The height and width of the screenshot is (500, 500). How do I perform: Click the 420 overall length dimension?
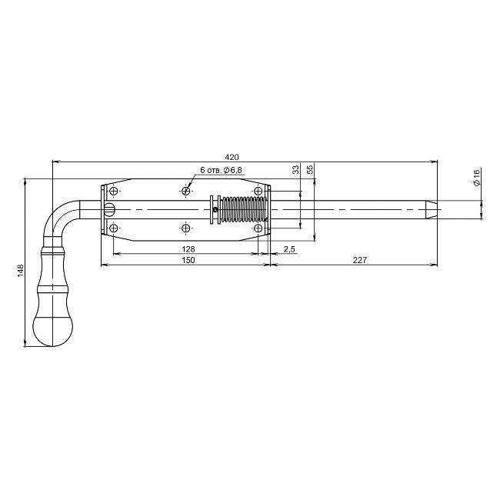(x=232, y=157)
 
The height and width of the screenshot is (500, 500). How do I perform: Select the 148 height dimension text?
(x=21, y=271)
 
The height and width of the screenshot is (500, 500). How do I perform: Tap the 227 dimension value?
(x=360, y=260)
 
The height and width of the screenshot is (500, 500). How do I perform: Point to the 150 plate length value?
(x=188, y=260)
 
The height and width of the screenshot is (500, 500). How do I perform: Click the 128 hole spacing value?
(x=188, y=249)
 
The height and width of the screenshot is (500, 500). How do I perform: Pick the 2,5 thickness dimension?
(x=289, y=249)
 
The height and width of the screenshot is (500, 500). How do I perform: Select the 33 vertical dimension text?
(x=296, y=169)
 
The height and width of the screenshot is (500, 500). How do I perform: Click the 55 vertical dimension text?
(x=310, y=169)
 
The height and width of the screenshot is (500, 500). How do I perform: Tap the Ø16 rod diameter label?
(x=476, y=178)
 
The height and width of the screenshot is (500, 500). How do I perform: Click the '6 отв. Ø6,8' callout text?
(x=221, y=170)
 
